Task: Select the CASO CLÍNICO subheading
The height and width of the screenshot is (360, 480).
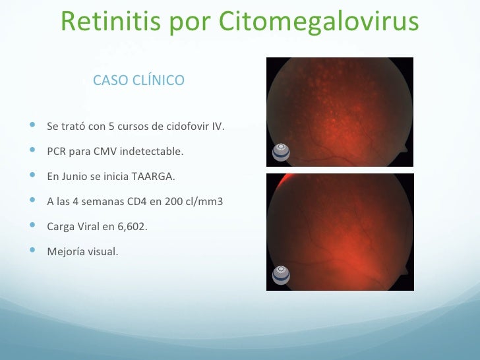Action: pyautogui.click(x=139, y=80)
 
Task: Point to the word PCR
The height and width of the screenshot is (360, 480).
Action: pyautogui.click(x=56, y=152)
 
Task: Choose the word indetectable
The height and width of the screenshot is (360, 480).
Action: pyautogui.click(x=155, y=152)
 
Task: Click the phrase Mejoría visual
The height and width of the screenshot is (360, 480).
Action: pyautogui.click(x=83, y=252)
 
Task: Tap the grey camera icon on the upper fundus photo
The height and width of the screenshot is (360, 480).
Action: pyautogui.click(x=282, y=151)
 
